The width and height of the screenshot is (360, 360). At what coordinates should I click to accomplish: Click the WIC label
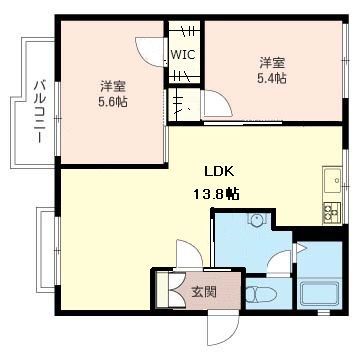pos(183,54)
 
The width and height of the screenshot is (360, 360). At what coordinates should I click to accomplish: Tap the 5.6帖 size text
pos(112,102)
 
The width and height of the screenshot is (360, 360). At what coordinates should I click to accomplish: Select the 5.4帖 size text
pos(272,78)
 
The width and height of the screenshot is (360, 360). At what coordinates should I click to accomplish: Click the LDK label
pos(220,172)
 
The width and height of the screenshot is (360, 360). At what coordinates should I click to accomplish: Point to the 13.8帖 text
pos(217,193)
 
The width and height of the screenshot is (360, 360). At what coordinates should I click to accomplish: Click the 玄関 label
pos(204,292)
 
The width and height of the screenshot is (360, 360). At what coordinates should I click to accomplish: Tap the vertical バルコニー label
pos(40,112)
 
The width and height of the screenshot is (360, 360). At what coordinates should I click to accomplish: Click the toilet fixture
pos(262,294)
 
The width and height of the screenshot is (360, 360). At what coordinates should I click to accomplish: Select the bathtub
pos(319,294)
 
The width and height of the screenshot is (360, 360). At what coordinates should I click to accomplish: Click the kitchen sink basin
pos(332,180)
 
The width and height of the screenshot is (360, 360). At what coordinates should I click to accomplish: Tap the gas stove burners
pos(331,212)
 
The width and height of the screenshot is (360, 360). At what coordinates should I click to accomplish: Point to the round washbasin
pos(257,220)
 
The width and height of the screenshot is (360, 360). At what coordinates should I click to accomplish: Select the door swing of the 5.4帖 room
pos(217,103)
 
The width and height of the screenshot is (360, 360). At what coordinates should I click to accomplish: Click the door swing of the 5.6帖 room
pos(151,52)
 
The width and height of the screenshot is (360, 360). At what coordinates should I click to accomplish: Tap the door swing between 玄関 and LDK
pos(189,253)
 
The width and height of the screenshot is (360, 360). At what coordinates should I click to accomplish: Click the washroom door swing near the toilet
pos(279,263)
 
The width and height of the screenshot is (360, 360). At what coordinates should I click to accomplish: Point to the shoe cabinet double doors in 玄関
pos(177,290)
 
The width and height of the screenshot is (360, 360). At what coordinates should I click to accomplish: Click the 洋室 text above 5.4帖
pos(272,63)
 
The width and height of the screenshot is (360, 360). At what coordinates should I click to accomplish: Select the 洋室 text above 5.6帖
pos(113,87)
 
